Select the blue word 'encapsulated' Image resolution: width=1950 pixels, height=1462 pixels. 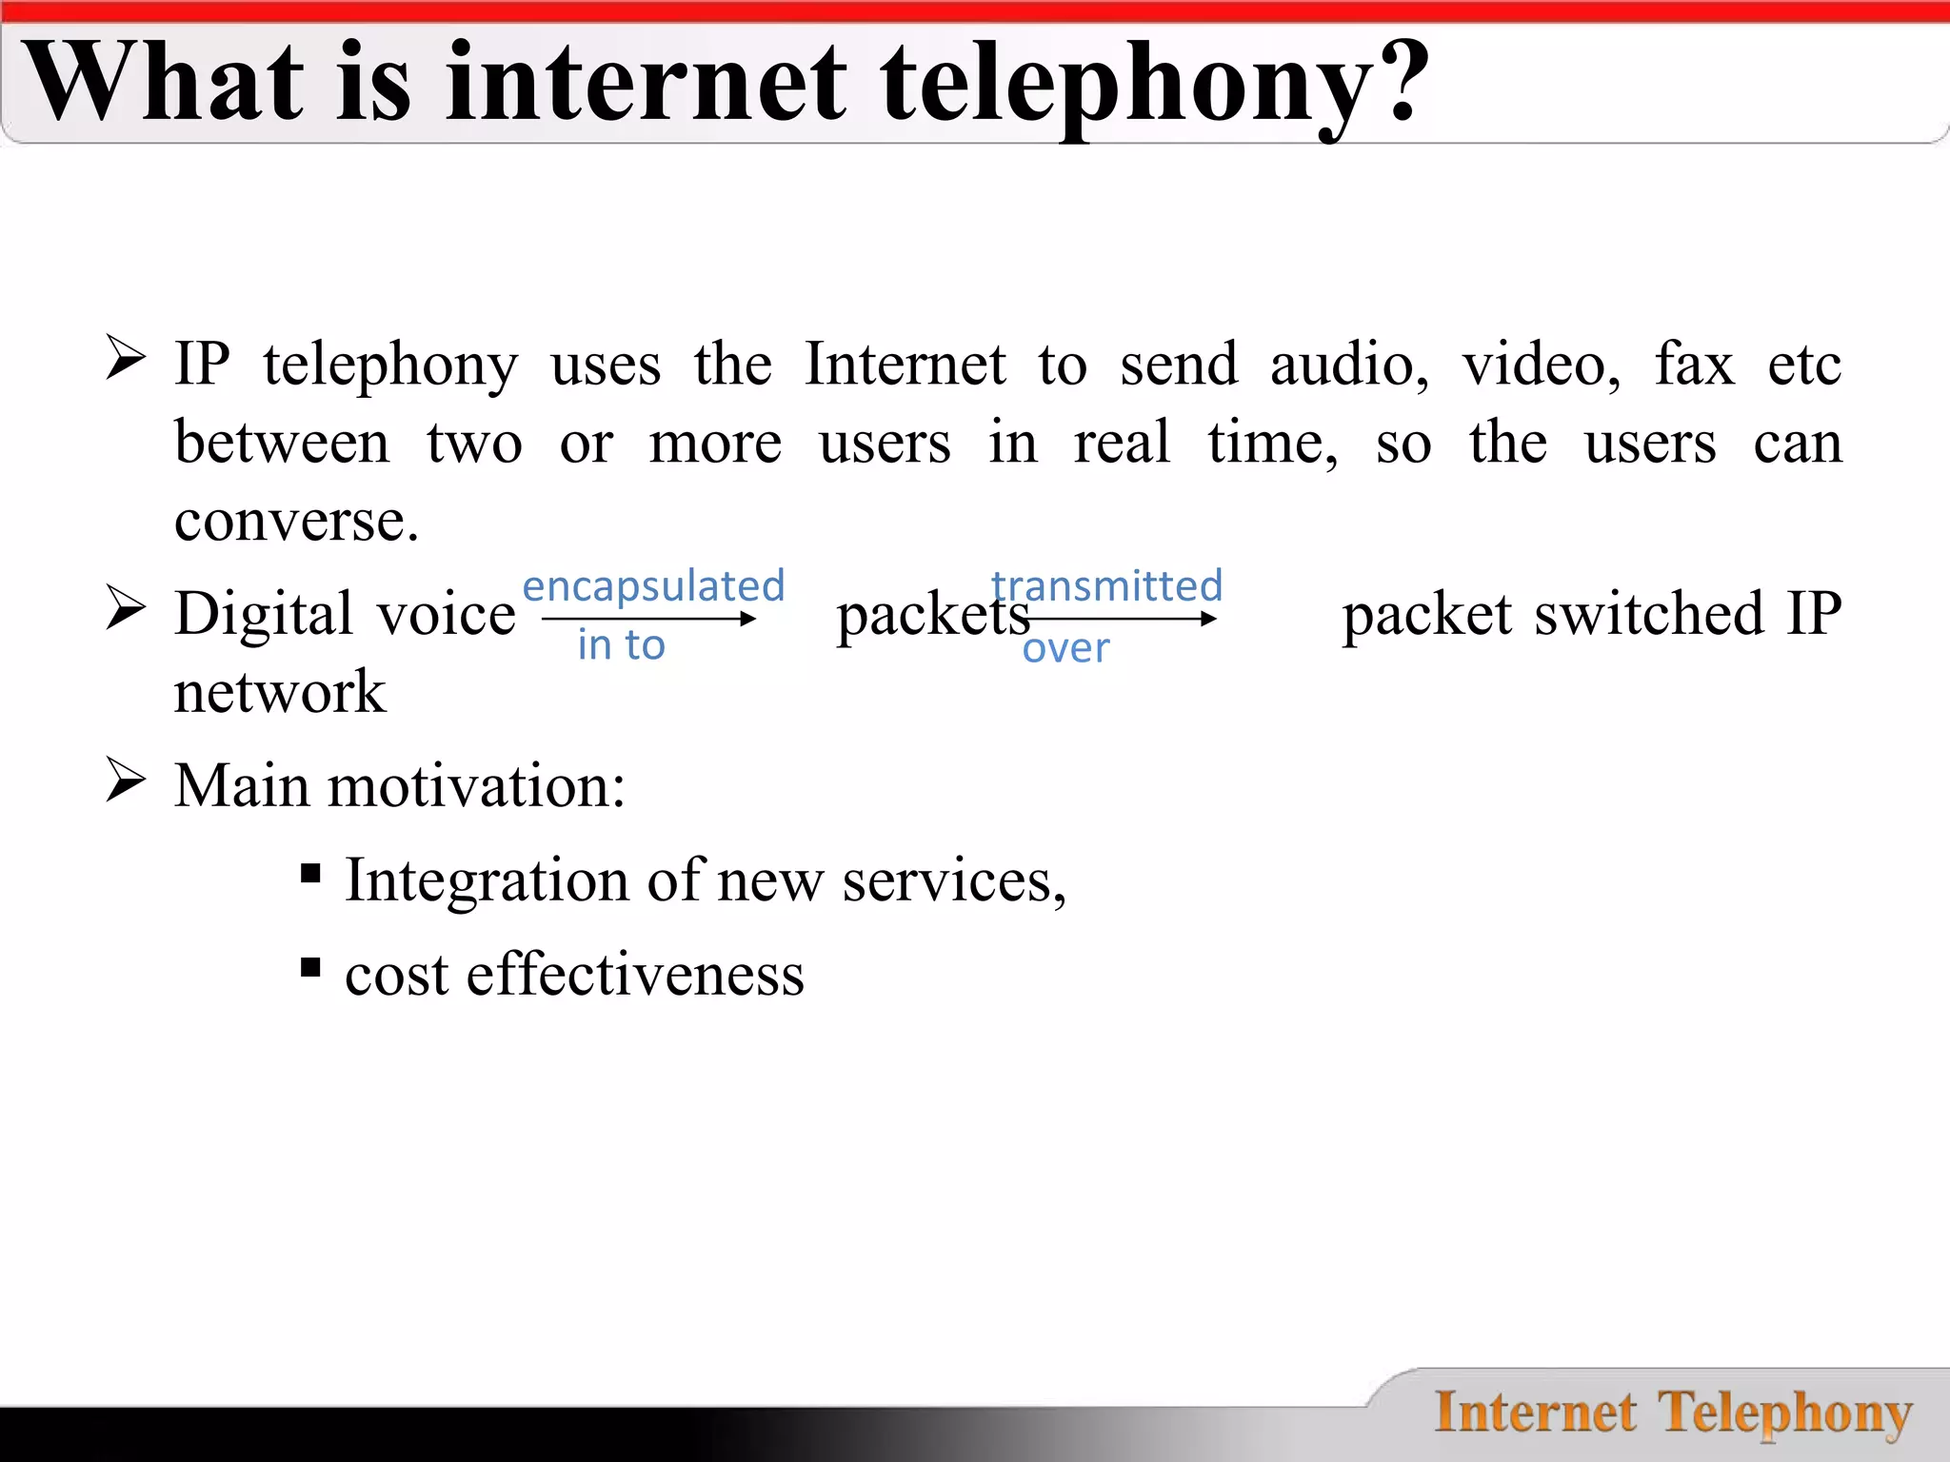click(653, 585)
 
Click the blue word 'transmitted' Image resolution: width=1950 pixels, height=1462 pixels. click(1106, 585)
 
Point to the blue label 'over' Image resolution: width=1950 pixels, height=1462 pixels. click(1065, 649)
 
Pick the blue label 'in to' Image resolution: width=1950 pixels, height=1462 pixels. click(621, 645)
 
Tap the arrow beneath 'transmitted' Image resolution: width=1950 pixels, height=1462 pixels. click(1124, 619)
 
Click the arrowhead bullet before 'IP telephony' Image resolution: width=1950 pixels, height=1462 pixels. click(125, 359)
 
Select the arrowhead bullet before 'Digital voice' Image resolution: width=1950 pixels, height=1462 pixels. click(125, 608)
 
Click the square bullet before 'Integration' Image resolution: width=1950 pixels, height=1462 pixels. click(310, 874)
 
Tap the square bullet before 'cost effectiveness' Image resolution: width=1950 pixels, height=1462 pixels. click(310, 968)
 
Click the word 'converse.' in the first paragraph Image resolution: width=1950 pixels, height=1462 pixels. click(296, 521)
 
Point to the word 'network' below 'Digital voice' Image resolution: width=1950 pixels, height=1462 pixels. click(280, 691)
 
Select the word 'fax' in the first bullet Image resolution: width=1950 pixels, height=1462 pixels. click(1694, 365)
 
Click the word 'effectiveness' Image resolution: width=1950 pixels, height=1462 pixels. click(635, 975)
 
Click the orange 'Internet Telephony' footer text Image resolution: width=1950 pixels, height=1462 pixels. click(1673, 1413)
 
